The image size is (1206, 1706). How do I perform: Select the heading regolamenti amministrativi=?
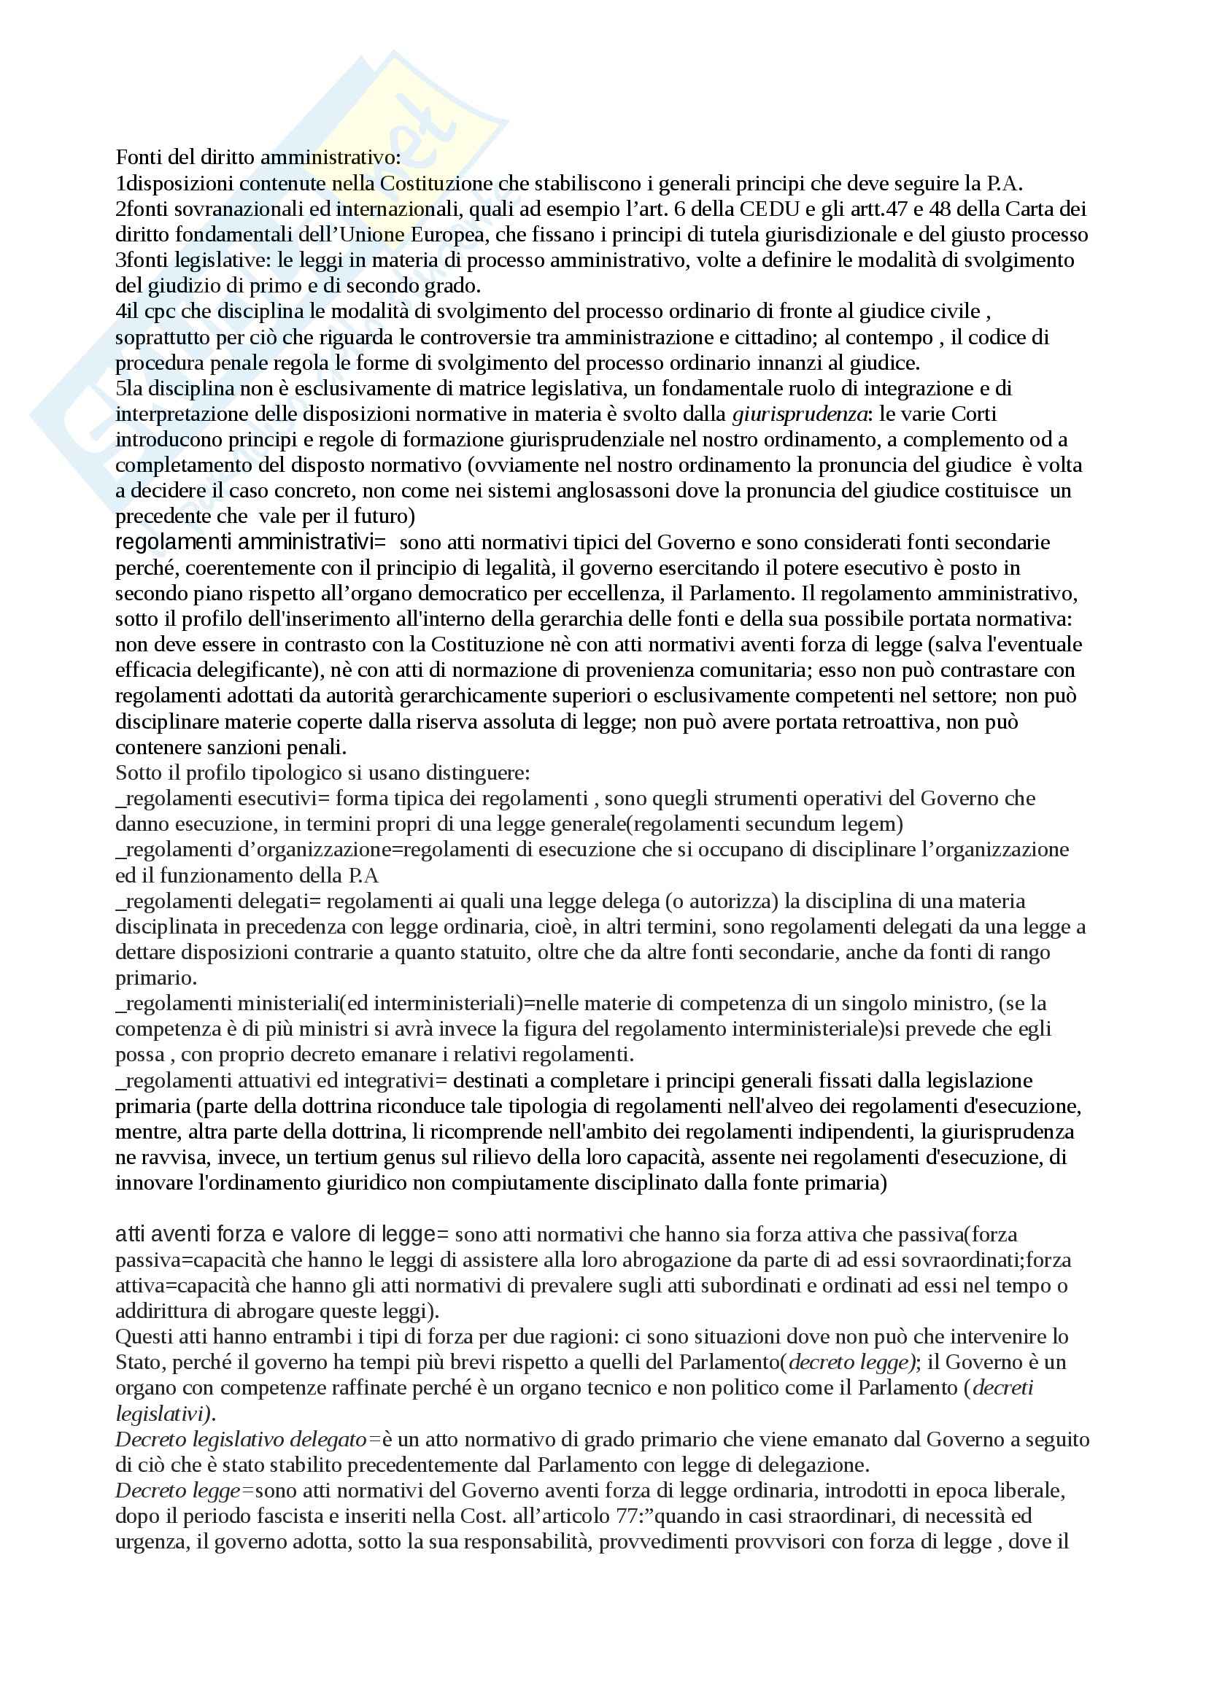click(250, 543)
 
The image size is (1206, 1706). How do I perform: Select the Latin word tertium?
click(348, 1158)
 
